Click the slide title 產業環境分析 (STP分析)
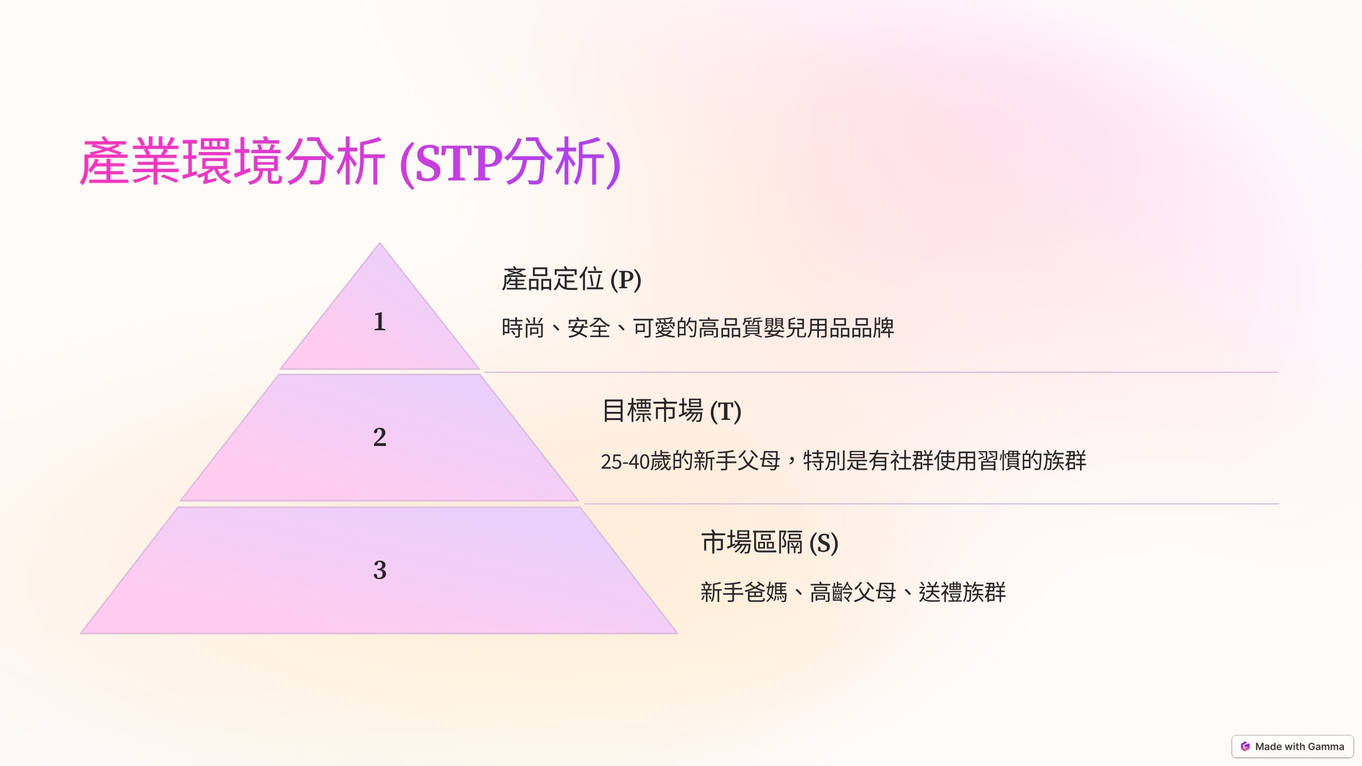[x=350, y=162]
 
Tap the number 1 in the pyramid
[x=380, y=322]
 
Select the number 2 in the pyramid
[x=380, y=437]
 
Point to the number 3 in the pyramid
[x=380, y=570]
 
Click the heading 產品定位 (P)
[x=571, y=279]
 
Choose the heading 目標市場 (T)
[x=671, y=411]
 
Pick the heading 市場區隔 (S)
[x=770, y=542]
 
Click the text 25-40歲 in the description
[x=636, y=461]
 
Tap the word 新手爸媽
[x=744, y=592]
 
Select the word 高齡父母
[x=853, y=592]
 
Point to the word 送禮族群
[x=962, y=592]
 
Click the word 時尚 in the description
[x=523, y=328]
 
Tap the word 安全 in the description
[x=589, y=328]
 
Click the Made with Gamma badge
[x=1292, y=747]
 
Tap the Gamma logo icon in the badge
[x=1245, y=747]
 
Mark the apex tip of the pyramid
[x=380, y=243]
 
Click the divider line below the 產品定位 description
[x=881, y=372]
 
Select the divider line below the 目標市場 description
[x=932, y=504]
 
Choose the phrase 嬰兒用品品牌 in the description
[x=829, y=328]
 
